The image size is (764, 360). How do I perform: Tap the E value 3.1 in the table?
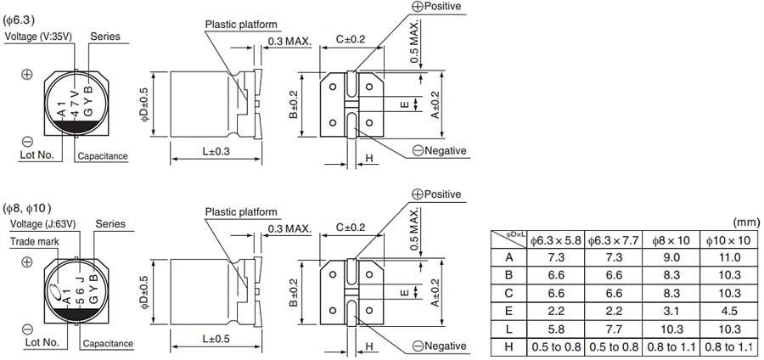[674, 311]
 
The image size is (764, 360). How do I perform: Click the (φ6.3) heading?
[20, 19]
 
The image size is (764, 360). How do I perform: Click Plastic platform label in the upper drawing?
[240, 25]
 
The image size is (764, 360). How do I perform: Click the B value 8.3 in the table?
[674, 276]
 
